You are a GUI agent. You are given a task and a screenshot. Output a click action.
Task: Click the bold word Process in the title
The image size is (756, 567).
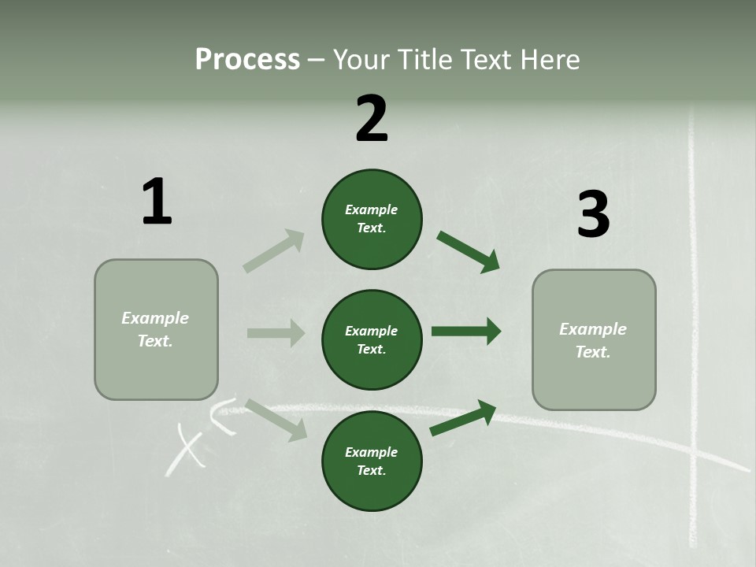(247, 59)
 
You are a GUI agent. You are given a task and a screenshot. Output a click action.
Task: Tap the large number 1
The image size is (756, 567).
(157, 202)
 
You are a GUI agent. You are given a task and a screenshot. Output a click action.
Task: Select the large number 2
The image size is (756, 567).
(372, 119)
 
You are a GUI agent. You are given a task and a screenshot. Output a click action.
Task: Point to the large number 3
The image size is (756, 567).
(593, 214)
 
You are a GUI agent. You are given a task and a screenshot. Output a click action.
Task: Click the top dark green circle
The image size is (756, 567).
(372, 219)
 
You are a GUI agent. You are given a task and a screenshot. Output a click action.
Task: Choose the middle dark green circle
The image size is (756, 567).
(372, 339)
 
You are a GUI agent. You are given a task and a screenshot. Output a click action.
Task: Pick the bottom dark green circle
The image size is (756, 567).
(372, 461)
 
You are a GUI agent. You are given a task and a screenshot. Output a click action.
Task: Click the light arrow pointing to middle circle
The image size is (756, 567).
(276, 333)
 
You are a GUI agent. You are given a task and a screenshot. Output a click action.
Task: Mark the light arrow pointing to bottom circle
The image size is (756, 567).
(276, 419)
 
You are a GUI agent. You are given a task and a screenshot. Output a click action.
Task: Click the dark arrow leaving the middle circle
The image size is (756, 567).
(466, 331)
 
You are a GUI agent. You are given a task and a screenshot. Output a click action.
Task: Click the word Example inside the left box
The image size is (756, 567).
(155, 318)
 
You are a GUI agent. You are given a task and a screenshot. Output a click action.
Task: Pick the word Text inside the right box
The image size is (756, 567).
(592, 352)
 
